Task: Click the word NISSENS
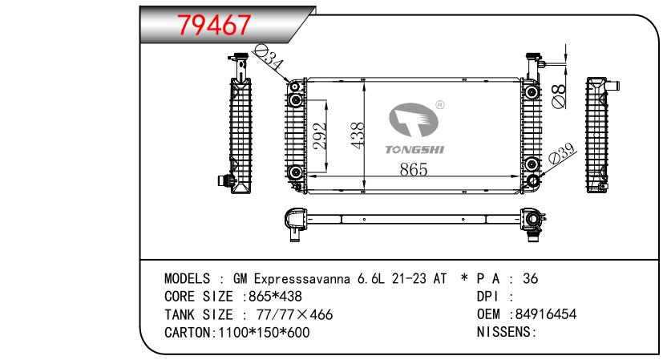[505, 332]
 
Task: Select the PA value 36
[530, 279]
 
